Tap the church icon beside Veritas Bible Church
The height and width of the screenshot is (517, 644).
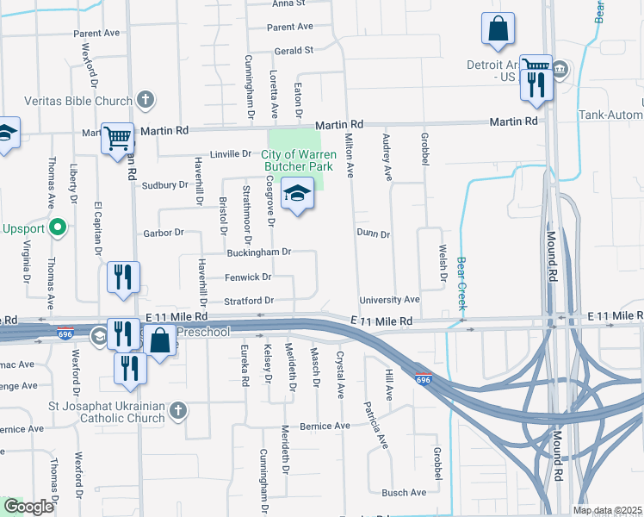pos(146,100)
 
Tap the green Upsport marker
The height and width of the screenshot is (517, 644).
pos(58,228)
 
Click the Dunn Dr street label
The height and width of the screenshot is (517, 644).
pos(373,234)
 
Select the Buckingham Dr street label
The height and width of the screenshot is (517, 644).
pos(259,252)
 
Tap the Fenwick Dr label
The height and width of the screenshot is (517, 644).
pos(248,277)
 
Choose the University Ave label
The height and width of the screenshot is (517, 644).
pos(389,300)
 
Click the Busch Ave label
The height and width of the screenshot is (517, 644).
pos(404,493)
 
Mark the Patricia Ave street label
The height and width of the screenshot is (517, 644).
pos(376,424)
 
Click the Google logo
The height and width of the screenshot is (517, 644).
pos(29,507)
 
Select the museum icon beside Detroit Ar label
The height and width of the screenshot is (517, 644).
pos(560,68)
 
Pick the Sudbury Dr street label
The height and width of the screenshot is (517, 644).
pos(164,184)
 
